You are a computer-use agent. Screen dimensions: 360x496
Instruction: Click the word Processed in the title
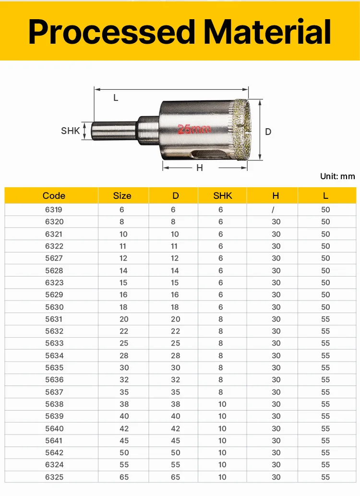[x=112, y=32]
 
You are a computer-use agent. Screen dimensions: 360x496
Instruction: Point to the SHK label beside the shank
[x=70, y=131]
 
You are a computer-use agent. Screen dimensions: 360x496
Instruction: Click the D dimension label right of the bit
[x=268, y=132]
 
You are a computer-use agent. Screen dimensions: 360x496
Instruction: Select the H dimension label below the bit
[x=200, y=168]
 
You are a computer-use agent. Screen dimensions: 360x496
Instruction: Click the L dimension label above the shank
[x=116, y=98]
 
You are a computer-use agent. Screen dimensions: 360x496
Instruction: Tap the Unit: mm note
[x=337, y=176]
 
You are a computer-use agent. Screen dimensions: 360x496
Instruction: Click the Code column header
[x=54, y=196]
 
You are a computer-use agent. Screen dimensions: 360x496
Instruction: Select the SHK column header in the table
[x=223, y=196]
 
